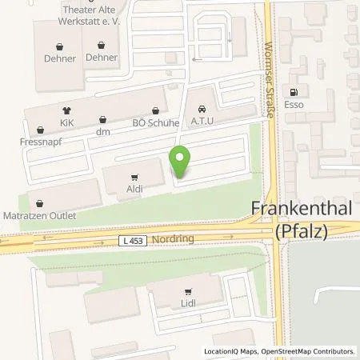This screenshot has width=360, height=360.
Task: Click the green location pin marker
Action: (x=182, y=162)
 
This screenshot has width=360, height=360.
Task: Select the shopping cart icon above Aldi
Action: (x=134, y=177)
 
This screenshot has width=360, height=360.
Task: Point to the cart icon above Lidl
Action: (x=188, y=292)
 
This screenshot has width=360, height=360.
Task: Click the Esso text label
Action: (x=300, y=103)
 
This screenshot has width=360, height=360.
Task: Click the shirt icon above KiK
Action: (x=66, y=111)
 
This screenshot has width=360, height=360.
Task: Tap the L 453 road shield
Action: (x=133, y=239)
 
